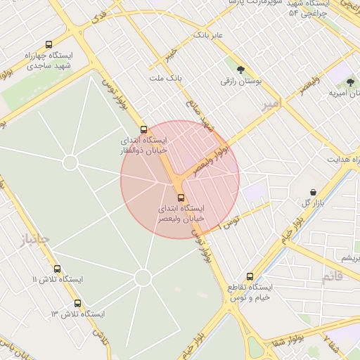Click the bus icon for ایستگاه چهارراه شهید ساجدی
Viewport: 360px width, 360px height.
point(49,44)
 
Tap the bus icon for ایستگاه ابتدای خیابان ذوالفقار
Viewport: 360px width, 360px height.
point(144,129)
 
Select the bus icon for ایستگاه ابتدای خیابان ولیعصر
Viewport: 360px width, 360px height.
point(181,198)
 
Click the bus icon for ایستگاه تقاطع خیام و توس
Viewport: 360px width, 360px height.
point(250,276)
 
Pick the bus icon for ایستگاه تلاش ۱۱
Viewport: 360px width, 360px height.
point(58,269)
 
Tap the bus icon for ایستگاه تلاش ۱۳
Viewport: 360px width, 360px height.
point(77,303)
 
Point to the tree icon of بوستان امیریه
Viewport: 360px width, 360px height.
point(350,83)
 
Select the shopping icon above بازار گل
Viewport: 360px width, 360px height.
point(313,192)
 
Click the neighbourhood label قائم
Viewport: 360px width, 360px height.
point(333,277)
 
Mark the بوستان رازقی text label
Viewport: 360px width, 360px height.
point(240,82)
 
